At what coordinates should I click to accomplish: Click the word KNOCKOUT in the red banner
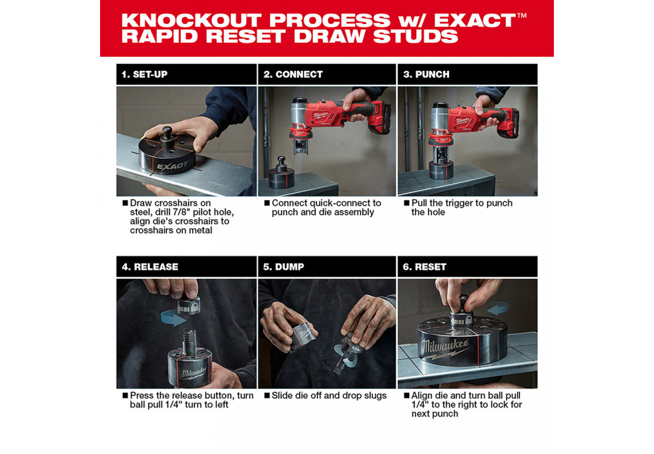[x=192, y=21]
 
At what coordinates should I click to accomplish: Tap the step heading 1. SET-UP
[x=144, y=75]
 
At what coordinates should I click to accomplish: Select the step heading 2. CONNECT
[x=293, y=75]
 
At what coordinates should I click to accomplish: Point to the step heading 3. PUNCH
[x=426, y=75]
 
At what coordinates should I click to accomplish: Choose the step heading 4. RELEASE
[x=149, y=267]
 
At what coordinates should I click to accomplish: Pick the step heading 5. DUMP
[x=283, y=267]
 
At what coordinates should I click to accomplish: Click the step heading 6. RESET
[x=424, y=267]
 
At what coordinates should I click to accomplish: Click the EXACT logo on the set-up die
[x=172, y=166]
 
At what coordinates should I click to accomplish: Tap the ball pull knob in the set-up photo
[x=168, y=133]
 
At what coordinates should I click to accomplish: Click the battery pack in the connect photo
[x=380, y=118]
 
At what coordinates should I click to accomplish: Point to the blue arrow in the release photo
[x=173, y=318]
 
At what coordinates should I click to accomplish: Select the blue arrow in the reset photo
[x=498, y=309]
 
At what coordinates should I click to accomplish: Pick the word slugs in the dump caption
[x=374, y=396]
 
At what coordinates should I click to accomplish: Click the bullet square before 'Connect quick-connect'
[x=267, y=203]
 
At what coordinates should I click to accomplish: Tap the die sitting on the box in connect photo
[x=281, y=174]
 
